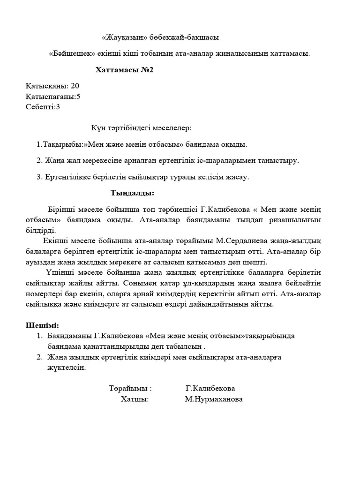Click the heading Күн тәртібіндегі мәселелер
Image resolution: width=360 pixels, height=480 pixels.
[x=141, y=128]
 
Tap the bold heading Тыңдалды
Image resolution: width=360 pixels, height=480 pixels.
[x=132, y=193]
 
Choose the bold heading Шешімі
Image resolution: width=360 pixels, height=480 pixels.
[x=42, y=325]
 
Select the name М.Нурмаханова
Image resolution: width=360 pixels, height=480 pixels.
[x=213, y=399]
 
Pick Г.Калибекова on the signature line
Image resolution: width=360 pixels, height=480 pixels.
[x=210, y=389]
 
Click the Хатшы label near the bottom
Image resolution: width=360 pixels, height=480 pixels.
[x=134, y=399]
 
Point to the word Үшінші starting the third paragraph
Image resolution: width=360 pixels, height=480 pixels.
[x=61, y=273]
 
